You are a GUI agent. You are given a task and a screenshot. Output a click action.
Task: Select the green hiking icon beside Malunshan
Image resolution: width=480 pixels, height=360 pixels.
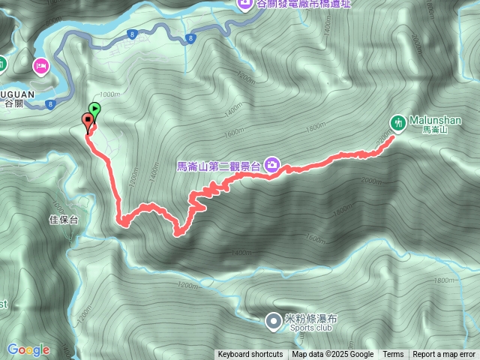pyautogui.click(x=398, y=121)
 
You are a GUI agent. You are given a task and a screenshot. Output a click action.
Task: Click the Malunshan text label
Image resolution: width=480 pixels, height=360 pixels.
pyautogui.click(x=436, y=119)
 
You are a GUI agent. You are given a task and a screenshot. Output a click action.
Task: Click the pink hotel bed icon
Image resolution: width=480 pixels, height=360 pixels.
pyautogui.click(x=40, y=67)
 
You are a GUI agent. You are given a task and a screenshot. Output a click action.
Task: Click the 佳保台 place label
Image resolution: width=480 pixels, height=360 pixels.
pyautogui.click(x=63, y=220)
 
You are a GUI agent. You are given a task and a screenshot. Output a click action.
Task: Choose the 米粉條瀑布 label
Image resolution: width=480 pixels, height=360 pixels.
pyautogui.click(x=312, y=318)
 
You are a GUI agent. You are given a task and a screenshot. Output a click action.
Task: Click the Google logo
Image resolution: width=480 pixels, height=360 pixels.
pyautogui.click(x=28, y=349)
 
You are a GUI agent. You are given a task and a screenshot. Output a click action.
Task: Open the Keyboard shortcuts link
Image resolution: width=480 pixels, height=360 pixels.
pyautogui.click(x=250, y=355)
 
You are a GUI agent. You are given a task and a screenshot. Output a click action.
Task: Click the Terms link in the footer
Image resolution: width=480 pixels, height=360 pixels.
pyautogui.click(x=393, y=355)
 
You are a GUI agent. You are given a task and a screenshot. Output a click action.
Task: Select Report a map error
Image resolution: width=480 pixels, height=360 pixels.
pyautogui.click(x=444, y=355)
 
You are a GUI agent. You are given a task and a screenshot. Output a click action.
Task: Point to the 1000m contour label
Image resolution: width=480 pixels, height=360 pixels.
pyautogui.click(x=109, y=94)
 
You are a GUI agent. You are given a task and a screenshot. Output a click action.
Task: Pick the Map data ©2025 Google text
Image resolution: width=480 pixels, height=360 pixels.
pyautogui.click(x=333, y=355)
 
